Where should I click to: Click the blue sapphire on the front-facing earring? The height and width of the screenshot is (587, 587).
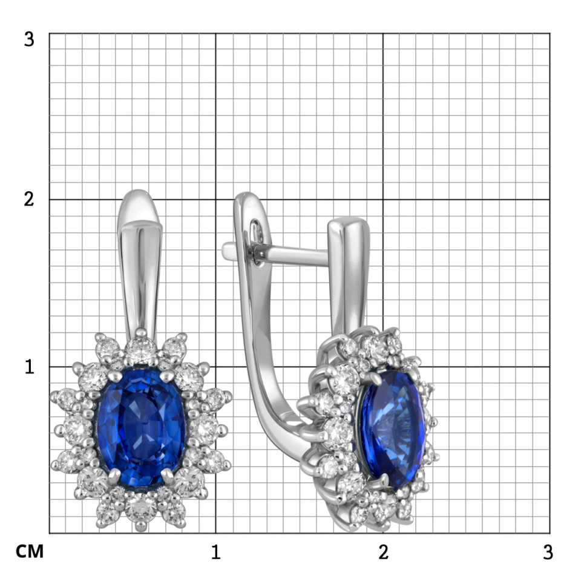point(141,427)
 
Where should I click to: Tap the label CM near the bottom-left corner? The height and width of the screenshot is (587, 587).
point(30,551)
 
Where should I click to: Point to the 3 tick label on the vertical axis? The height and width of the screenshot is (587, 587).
point(29,39)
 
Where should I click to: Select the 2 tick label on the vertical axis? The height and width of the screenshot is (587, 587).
point(29,199)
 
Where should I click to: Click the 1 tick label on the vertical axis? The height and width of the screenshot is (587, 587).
point(29,367)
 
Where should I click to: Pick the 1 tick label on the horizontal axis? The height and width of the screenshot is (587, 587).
point(215,552)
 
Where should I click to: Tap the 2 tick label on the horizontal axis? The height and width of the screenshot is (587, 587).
point(383,552)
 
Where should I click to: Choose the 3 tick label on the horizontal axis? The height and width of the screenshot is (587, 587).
point(548,552)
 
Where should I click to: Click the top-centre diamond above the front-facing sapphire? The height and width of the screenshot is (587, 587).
point(140,349)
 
